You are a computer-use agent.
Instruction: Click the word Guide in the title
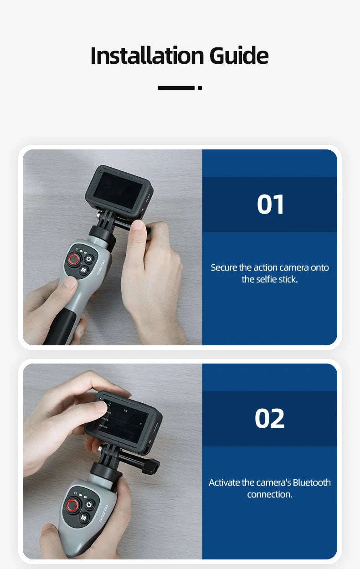click(x=239, y=56)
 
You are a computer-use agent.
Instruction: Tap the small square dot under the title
click(x=200, y=87)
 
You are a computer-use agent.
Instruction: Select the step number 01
click(x=270, y=205)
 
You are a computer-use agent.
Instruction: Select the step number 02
click(x=270, y=419)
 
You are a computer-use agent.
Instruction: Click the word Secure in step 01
click(x=225, y=267)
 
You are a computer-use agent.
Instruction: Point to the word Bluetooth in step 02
click(x=312, y=482)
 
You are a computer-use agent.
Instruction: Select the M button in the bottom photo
click(x=84, y=518)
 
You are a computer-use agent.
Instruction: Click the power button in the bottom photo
click(x=90, y=505)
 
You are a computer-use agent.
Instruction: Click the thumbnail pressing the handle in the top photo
click(x=70, y=284)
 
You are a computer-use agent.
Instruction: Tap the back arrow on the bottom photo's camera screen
click(x=109, y=404)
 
